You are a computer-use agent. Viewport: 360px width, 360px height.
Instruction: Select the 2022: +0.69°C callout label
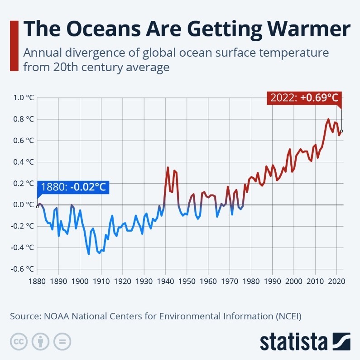coord(304,98)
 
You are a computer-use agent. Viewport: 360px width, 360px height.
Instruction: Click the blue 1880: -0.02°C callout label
coord(73,187)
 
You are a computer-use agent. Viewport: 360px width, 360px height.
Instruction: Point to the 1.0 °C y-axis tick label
coord(24,97)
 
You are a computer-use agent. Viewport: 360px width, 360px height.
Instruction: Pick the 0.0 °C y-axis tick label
coord(24,204)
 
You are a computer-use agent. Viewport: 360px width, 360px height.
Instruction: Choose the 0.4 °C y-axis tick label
coord(24,162)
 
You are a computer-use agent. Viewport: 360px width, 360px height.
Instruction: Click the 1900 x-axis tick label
coord(80,281)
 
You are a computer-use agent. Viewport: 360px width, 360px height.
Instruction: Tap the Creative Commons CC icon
coord(18,341)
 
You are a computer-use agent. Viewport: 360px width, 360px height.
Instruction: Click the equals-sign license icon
coord(62,341)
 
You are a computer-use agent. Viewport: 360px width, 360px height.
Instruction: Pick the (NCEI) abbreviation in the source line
coord(288,316)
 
